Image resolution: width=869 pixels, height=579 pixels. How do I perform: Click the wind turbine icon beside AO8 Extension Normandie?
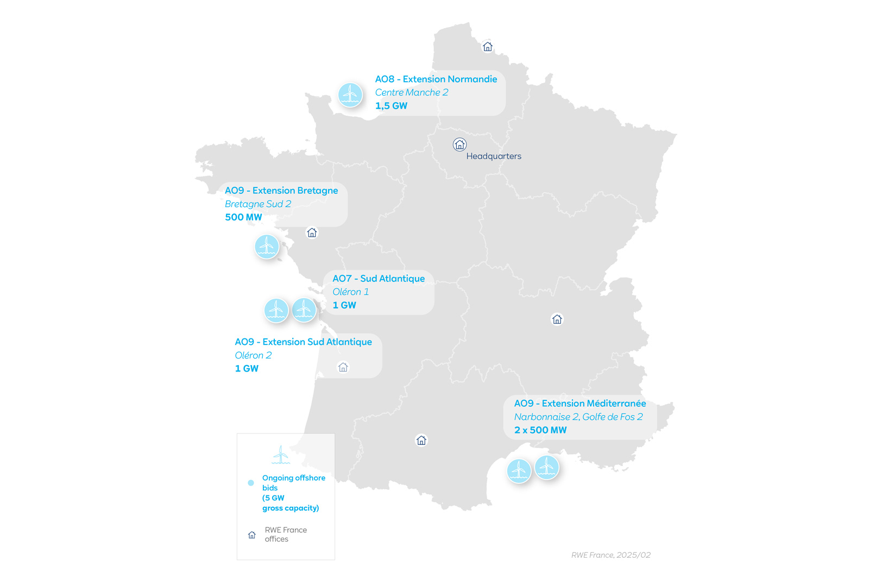[350, 95]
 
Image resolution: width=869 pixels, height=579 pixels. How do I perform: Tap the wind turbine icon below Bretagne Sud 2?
[267, 247]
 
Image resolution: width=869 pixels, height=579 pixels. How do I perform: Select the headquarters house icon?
[459, 144]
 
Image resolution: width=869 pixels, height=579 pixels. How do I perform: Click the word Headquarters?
[494, 156]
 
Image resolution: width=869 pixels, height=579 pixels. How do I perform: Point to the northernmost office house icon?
[488, 47]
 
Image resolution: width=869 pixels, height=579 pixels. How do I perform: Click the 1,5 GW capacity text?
[391, 106]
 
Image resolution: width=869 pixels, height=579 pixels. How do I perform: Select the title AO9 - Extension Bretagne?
[281, 191]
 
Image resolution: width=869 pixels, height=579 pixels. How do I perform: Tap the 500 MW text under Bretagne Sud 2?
[243, 217]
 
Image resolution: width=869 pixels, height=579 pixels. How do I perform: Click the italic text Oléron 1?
[350, 292]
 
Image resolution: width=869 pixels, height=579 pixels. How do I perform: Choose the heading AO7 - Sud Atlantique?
[379, 279]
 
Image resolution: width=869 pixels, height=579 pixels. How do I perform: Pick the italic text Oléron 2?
[253, 355]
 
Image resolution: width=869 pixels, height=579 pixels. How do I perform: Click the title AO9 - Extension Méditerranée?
[580, 404]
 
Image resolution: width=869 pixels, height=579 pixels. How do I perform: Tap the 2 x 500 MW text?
[540, 430]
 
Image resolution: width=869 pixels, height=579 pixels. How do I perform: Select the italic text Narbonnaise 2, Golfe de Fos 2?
[578, 417]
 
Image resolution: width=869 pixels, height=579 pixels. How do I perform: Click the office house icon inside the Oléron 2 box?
[343, 367]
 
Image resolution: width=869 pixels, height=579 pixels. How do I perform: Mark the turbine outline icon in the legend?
[281, 455]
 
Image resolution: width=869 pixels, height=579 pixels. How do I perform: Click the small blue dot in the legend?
[251, 482]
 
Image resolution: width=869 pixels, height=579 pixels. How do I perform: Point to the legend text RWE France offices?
[286, 534]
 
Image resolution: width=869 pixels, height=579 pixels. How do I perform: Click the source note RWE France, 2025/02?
[611, 555]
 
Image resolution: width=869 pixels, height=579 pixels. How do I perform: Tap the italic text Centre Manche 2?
[412, 93]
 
